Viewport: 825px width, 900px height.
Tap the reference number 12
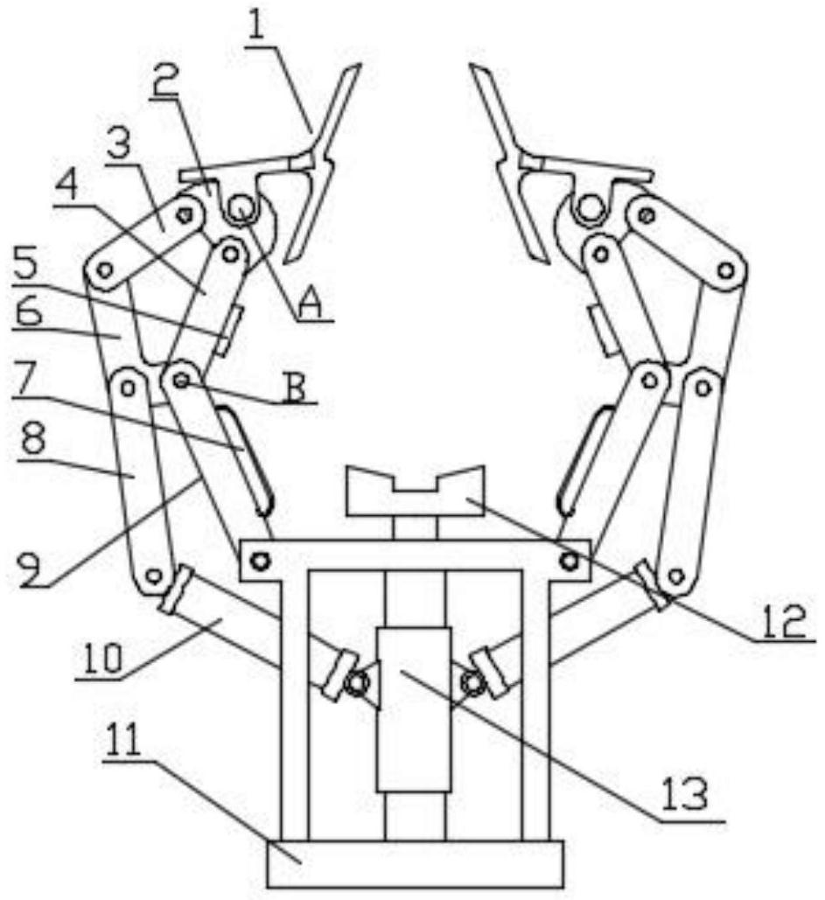[784, 620]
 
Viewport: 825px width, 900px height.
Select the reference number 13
[686, 794]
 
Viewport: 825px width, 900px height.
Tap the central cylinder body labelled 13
[414, 709]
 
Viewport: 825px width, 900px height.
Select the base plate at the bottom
[415, 863]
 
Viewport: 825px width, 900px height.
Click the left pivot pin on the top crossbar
[260, 561]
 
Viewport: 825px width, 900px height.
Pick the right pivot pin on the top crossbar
[570, 560]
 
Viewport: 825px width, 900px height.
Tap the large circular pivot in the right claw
[588, 206]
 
